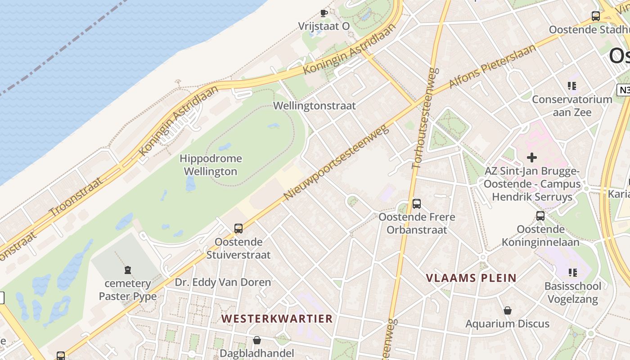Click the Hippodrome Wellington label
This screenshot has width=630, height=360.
point(211,165)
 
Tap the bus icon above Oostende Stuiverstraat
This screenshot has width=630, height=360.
point(238,228)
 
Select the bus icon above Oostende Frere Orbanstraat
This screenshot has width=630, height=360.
point(417,203)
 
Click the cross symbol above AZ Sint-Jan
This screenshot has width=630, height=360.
point(532,157)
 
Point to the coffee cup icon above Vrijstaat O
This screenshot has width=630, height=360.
point(324,13)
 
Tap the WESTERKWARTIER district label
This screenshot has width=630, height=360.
point(277,319)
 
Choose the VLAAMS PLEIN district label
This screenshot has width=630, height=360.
point(471,278)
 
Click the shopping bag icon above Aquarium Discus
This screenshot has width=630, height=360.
point(508,310)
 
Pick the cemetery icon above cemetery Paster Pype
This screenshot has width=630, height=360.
point(128,270)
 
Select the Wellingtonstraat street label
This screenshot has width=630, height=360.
point(315,106)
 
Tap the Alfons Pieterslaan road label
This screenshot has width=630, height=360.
point(493,67)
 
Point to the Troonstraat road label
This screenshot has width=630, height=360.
point(76,197)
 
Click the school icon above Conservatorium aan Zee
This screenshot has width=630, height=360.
point(572,85)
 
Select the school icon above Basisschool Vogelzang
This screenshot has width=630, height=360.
point(572,272)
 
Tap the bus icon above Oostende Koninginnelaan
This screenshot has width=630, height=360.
point(540,216)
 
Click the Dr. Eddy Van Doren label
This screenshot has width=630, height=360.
point(223,282)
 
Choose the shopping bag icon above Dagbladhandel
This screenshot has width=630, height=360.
point(257,340)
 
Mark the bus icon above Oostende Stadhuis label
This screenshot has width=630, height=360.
point(596,16)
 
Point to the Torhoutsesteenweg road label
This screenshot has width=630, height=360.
point(423,118)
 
